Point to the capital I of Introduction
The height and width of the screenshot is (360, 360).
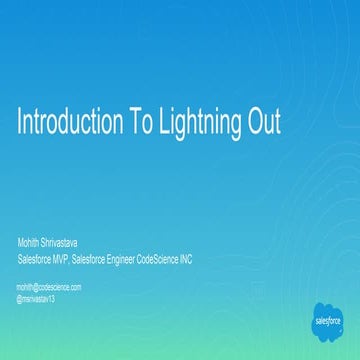point(20,122)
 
